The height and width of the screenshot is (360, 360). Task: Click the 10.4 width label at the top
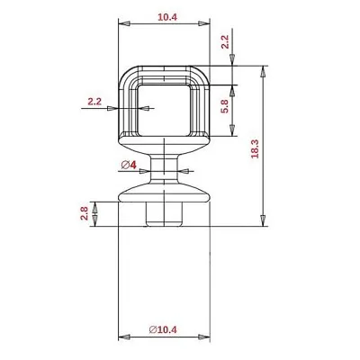(167, 17)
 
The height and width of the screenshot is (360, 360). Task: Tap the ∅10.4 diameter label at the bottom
(163, 329)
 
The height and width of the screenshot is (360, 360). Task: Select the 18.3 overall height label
(255, 148)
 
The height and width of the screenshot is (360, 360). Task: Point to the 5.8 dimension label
(225, 106)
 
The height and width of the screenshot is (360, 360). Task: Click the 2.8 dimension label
(85, 213)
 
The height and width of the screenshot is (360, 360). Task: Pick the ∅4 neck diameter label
(129, 165)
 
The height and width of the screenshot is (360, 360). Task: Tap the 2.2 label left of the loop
(94, 102)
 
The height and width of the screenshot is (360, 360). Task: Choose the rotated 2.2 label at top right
(225, 42)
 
